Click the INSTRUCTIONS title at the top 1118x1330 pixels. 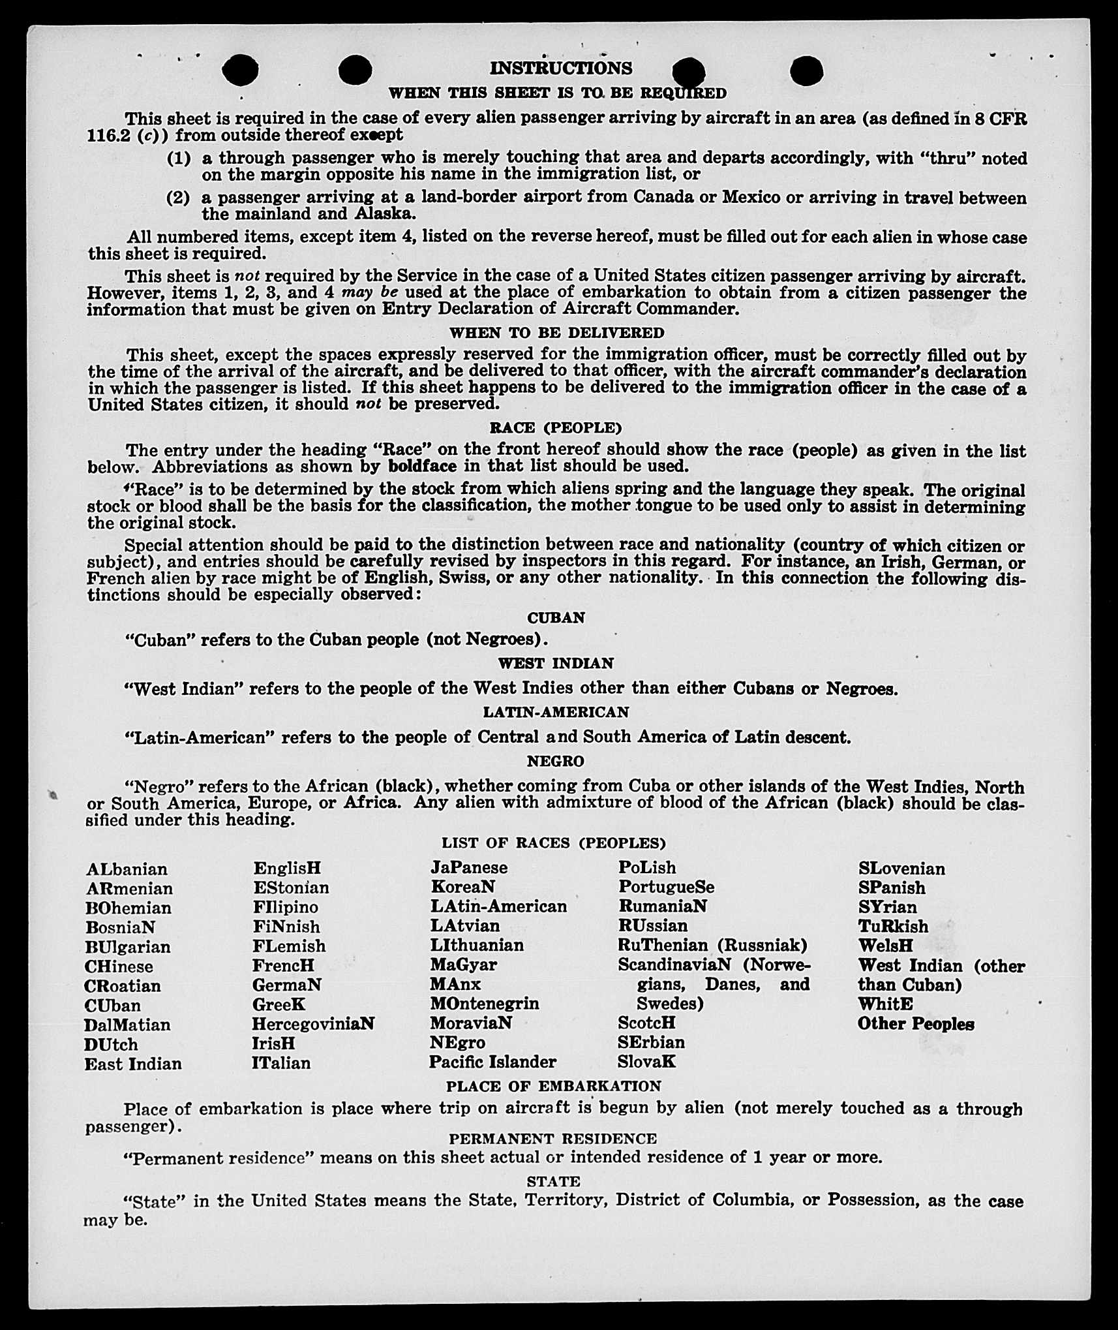click(561, 69)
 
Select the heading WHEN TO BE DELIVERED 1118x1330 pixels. click(556, 333)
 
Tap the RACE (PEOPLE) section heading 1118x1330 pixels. click(556, 428)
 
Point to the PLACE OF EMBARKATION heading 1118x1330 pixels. click(553, 1086)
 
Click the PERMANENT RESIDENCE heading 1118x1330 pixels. click(552, 1139)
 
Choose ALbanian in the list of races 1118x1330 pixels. click(127, 869)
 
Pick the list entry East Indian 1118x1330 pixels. click(133, 1064)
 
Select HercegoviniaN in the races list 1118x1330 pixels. click(313, 1024)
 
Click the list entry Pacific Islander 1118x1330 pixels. click(492, 1062)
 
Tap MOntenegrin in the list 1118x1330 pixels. click(484, 1004)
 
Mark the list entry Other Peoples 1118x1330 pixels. click(916, 1024)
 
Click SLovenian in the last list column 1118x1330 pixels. click(901, 869)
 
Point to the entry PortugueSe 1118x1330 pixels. click(666, 888)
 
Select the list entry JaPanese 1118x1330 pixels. click(468, 868)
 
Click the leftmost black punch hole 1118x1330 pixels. click(240, 70)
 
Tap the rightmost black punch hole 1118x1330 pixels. click(806, 70)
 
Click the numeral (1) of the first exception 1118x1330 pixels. click(179, 159)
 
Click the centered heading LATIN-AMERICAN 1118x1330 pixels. click(556, 712)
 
